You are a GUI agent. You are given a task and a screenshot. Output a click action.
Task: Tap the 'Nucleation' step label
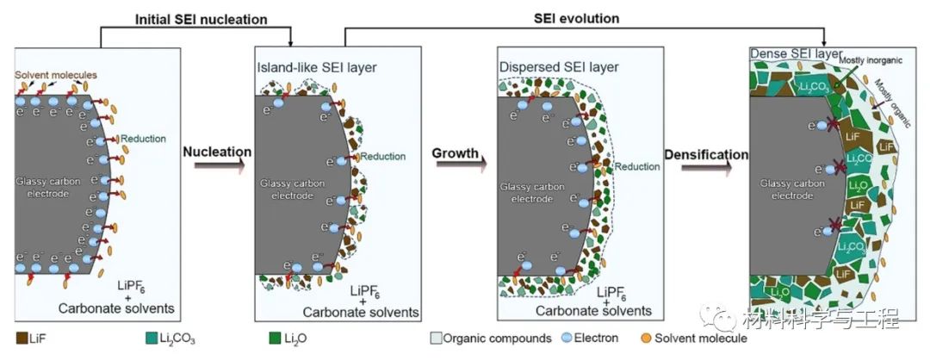[x=217, y=152]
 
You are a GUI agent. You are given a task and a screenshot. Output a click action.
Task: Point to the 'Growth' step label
[x=455, y=153]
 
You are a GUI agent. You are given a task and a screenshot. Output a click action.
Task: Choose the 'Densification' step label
[x=706, y=154]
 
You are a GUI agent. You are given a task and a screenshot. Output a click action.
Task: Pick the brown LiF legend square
[x=22, y=338]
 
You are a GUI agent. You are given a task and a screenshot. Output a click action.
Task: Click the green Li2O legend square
[x=275, y=338]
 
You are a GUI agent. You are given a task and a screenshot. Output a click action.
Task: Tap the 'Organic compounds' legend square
[x=436, y=338]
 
